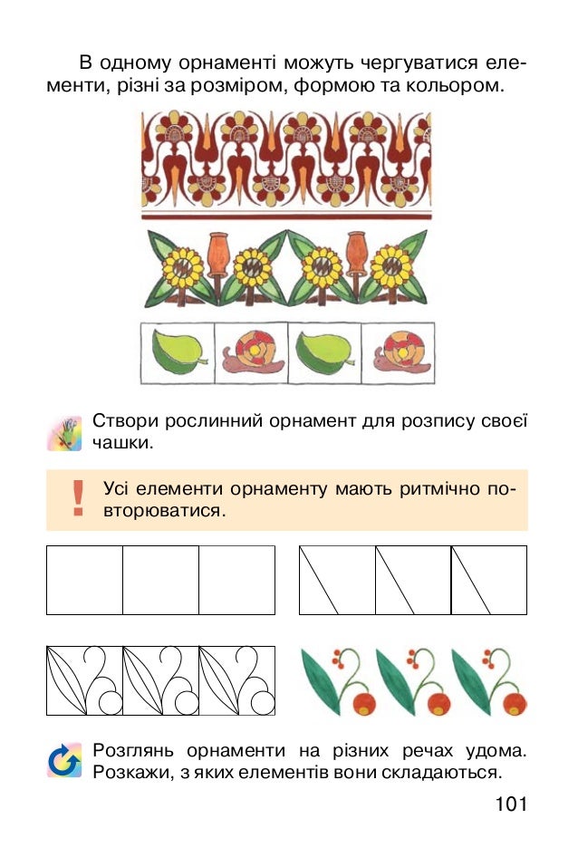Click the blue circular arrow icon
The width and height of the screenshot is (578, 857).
click(x=64, y=761)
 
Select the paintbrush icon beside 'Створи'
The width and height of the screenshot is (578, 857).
click(x=64, y=433)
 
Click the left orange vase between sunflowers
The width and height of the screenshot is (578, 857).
click(x=216, y=255)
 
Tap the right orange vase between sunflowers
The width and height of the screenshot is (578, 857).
click(x=356, y=255)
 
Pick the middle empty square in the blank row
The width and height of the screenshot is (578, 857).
click(x=160, y=580)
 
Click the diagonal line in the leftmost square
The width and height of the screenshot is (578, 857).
click(x=319, y=580)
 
